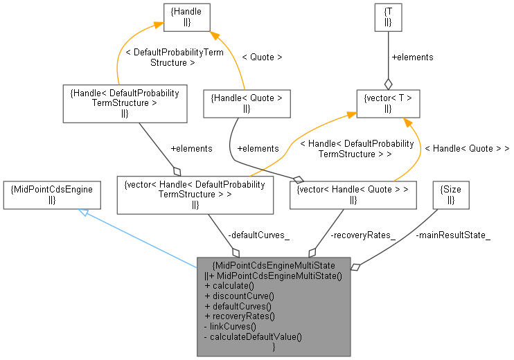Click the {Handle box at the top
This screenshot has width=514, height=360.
[187, 17]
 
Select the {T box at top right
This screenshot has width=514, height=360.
[388, 17]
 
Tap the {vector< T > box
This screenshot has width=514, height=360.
[388, 103]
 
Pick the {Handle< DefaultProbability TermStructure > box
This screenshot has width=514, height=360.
[125, 103]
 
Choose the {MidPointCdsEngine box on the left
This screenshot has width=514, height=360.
[52, 195]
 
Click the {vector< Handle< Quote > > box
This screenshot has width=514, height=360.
[353, 195]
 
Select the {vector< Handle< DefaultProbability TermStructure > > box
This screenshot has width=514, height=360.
[194, 195]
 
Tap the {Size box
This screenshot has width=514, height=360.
[450, 195]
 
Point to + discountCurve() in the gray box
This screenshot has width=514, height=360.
[239, 296]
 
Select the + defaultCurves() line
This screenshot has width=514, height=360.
[238, 305]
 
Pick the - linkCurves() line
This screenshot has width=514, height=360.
[230, 325]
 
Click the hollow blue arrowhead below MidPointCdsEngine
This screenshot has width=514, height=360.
[82, 211]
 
